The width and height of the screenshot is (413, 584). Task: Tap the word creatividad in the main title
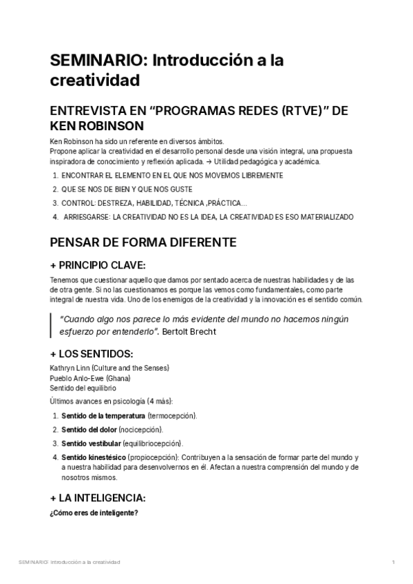(95, 81)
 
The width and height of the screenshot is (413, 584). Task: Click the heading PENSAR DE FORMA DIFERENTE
(144, 243)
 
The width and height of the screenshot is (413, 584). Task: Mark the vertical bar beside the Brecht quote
(52, 325)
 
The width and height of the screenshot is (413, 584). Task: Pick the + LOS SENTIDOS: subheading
(92, 354)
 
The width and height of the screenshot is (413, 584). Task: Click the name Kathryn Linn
(71, 368)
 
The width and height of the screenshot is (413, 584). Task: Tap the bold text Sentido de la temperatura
(103, 416)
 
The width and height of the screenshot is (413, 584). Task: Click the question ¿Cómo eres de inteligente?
(94, 512)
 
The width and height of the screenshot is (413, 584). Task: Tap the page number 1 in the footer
(393, 563)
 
